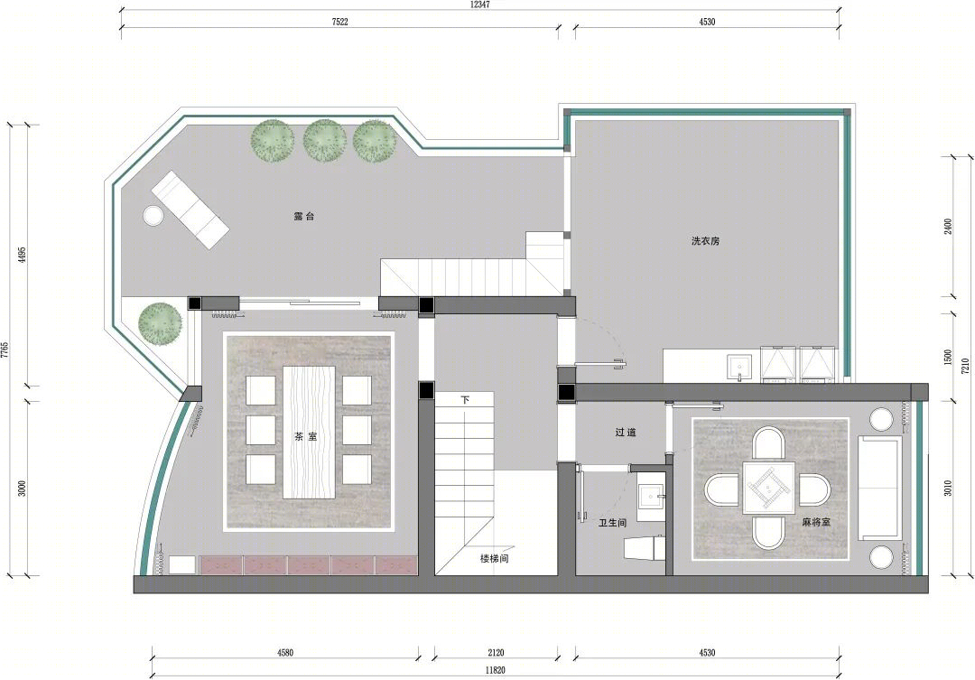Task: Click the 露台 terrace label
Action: tap(304, 217)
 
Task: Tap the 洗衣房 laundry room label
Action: tap(705, 241)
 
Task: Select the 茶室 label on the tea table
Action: tap(305, 437)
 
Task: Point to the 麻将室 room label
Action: tap(816, 522)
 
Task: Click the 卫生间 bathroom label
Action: tap(612, 523)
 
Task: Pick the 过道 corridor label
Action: tap(626, 432)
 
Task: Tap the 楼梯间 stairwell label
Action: tap(495, 558)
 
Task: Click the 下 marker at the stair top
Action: tap(465, 400)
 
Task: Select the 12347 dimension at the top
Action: tap(480, 5)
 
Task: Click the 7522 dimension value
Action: tap(339, 22)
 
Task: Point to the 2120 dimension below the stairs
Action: tap(496, 653)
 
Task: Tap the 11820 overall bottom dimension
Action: tap(495, 670)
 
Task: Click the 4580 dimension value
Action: tap(285, 653)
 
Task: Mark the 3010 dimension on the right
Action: tap(948, 488)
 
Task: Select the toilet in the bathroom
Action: tap(645, 547)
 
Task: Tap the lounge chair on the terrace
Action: tap(190, 210)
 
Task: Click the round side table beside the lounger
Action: tap(153, 215)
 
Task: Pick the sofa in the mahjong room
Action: tap(880, 488)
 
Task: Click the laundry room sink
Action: tap(739, 367)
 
